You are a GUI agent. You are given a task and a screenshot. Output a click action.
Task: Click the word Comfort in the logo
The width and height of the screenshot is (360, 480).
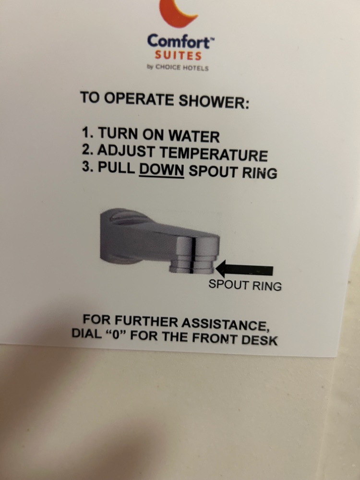coord(179,41)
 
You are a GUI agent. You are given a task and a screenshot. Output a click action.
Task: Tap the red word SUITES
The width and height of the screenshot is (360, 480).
coord(178,56)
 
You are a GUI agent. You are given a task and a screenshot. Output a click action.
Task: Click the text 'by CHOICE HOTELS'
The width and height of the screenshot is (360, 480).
coord(178,67)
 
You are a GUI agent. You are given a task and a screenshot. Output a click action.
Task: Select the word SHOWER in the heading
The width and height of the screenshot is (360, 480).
coord(214,101)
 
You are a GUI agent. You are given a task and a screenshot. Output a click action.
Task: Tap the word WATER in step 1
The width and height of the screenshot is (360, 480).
coord(194,136)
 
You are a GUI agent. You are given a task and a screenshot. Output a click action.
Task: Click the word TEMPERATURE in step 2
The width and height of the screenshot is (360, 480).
coord(214,154)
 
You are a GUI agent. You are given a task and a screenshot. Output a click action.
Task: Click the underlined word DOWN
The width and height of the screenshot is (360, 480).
coord(161,169)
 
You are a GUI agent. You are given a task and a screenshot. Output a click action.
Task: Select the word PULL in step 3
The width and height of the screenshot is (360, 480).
coord(116,168)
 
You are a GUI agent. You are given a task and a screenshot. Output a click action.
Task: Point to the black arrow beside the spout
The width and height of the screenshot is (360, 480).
coord(244,269)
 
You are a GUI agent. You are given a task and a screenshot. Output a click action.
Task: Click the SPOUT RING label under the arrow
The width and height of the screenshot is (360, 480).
coord(245,285)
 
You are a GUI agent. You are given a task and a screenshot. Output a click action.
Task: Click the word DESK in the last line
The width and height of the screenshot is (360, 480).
coord(260,340)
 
